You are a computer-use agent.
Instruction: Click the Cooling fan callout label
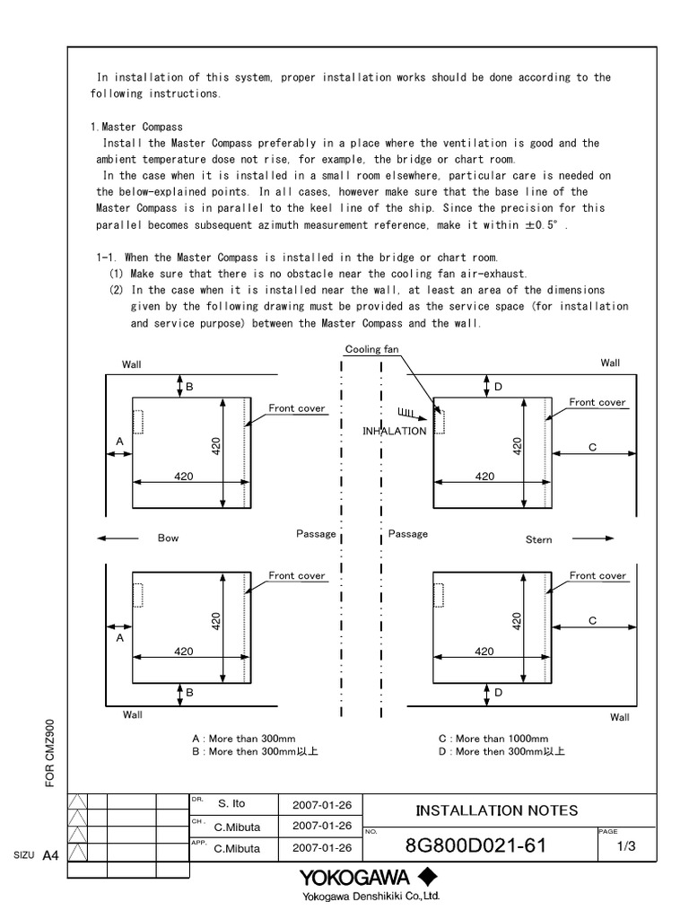[x=371, y=349]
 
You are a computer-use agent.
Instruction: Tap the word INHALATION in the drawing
[x=395, y=432]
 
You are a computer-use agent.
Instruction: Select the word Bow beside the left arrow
[x=168, y=538]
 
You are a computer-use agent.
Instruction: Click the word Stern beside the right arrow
[x=539, y=539]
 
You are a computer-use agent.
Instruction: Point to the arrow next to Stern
[x=593, y=538]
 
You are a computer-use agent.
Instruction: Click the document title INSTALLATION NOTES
[x=496, y=810]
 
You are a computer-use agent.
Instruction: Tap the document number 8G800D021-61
[x=475, y=845]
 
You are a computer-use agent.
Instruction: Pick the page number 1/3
[x=626, y=846]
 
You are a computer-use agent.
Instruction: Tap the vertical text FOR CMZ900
[x=50, y=753]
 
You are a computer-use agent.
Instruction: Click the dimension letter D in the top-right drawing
[x=498, y=387]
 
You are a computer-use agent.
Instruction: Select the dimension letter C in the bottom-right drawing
[x=592, y=620]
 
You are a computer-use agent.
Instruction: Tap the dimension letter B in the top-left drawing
[x=189, y=387]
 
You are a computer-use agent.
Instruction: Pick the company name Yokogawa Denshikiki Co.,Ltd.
[x=371, y=896]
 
